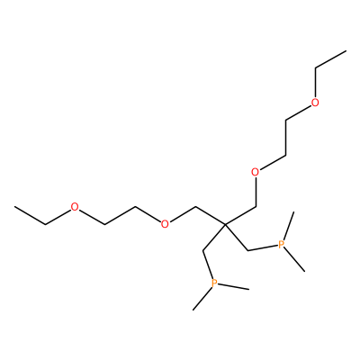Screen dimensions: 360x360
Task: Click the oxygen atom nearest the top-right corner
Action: coord(315,103)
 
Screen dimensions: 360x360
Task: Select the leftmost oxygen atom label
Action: coord(75,207)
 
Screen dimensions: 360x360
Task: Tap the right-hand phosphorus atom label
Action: coord(281,245)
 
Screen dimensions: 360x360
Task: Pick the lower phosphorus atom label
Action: coord(214,283)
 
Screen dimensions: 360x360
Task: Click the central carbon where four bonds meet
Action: coord(226,224)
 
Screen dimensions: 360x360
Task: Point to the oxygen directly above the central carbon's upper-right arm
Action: coord(256,172)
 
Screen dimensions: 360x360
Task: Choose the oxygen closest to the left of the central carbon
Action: coord(165,224)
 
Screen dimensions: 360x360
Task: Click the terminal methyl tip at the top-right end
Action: coord(346,51)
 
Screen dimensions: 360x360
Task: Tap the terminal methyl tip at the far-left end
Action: coord(14,207)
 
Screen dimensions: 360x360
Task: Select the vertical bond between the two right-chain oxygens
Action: coord(285,139)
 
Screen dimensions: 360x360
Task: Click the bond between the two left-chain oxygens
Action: coord(120,215)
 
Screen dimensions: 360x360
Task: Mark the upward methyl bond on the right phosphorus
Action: coord(288,226)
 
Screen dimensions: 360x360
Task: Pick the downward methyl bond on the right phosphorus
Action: coord(294,260)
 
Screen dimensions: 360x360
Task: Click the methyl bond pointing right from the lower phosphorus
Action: coord(233,286)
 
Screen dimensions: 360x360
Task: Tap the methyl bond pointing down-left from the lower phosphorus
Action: coord(202,299)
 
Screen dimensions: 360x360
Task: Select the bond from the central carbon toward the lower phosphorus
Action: coord(214,237)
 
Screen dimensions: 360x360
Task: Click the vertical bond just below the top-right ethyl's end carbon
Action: coord(315,83)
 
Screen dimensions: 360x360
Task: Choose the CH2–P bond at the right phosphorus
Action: coord(263,248)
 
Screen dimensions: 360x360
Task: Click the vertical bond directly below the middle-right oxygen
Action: coord(256,192)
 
